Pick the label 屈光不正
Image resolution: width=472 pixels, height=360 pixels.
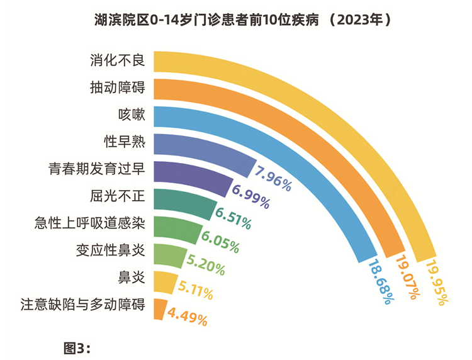tap(118, 196)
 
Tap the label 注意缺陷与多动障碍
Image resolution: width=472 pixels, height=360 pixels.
tap(83, 305)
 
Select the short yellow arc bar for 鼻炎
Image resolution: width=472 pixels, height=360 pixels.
tap(163, 281)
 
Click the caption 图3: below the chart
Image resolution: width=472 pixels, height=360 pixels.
tap(77, 347)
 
